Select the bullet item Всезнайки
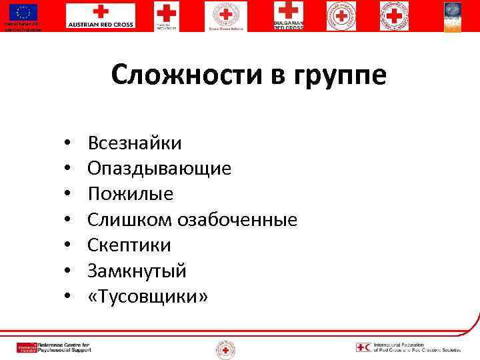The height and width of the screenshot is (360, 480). point(135,143)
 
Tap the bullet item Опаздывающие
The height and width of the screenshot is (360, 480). point(160,169)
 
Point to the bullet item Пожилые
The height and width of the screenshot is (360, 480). point(131,194)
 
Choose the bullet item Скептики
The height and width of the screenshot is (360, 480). point(130,245)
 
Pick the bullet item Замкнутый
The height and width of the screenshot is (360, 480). point(137,271)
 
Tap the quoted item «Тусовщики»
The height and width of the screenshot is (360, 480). point(148,296)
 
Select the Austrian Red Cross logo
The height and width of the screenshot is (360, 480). point(100,16)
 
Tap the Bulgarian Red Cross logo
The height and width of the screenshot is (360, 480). point(288,16)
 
